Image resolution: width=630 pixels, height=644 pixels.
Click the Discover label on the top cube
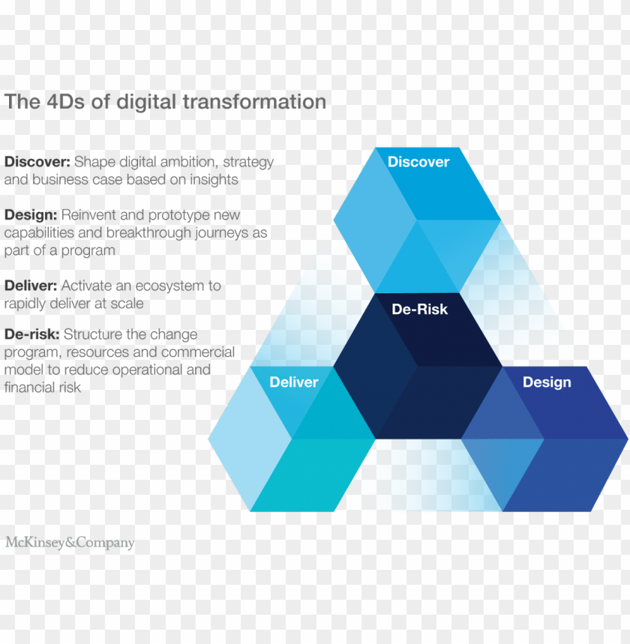click(x=418, y=162)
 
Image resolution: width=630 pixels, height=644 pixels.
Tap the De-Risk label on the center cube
click(x=419, y=309)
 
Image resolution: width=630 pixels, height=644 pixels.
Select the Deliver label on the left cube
click(x=294, y=382)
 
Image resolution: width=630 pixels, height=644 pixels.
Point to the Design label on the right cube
click(x=547, y=382)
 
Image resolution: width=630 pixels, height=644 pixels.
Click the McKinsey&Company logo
click(x=70, y=543)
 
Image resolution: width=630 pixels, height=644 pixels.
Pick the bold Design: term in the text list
click(x=31, y=215)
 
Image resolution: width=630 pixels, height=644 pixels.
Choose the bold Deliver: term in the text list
click(x=31, y=286)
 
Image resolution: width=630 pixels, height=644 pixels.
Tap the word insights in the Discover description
click(x=214, y=180)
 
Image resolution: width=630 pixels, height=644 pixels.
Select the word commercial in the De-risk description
click(x=197, y=352)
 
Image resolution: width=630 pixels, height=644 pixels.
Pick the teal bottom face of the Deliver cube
click(x=311, y=476)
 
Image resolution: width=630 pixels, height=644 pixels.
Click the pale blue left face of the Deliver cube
click(x=247, y=442)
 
